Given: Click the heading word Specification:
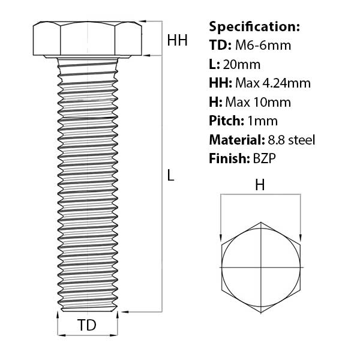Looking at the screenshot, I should [x=254, y=27].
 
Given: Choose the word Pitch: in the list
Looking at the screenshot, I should [x=226, y=121].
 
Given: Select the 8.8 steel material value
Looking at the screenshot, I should [x=289, y=140].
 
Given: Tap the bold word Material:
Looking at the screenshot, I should [x=235, y=140].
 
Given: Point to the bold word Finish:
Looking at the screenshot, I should [x=227, y=159].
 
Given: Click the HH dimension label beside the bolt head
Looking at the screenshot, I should [x=177, y=40].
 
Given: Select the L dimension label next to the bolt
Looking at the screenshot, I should [x=170, y=176].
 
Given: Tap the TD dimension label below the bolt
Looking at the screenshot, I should [x=88, y=325].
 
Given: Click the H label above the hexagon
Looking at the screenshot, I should [x=260, y=185].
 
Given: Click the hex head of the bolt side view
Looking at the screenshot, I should [x=88, y=40].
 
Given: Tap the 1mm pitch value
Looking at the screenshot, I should [x=262, y=121].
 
